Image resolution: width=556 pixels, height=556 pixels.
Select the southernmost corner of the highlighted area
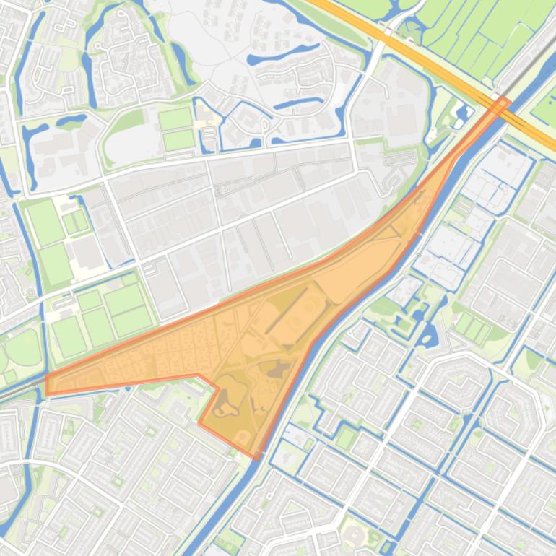256,457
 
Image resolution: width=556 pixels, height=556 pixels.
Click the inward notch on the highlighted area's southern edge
217,390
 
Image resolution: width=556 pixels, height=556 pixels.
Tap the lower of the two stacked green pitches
179,140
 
